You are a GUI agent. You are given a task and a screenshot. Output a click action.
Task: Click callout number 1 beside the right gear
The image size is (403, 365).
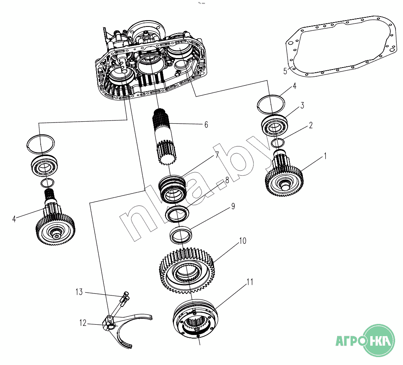325,156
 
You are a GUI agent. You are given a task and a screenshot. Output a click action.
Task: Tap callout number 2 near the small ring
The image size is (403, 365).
311,126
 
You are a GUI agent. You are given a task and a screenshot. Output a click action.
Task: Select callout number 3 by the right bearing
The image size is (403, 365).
302,105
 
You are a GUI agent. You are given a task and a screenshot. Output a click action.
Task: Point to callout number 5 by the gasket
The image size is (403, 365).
285,71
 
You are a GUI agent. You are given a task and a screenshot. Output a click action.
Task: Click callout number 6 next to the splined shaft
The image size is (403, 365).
206,125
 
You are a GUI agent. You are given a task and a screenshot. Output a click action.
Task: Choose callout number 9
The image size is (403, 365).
233,206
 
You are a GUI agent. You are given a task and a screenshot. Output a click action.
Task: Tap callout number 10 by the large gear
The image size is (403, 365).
243,241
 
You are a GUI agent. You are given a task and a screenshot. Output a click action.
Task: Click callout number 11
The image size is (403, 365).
250,282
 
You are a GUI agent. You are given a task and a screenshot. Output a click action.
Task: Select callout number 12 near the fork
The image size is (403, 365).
83,323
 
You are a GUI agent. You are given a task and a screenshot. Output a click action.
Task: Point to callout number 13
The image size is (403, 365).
79,292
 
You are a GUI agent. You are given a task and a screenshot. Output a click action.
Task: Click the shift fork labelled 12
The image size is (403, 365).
130,328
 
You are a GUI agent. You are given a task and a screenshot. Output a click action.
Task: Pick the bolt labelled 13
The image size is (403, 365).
126,298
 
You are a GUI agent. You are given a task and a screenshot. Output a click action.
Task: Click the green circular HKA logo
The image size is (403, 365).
379,341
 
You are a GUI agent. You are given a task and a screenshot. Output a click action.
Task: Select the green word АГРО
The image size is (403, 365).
348,341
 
